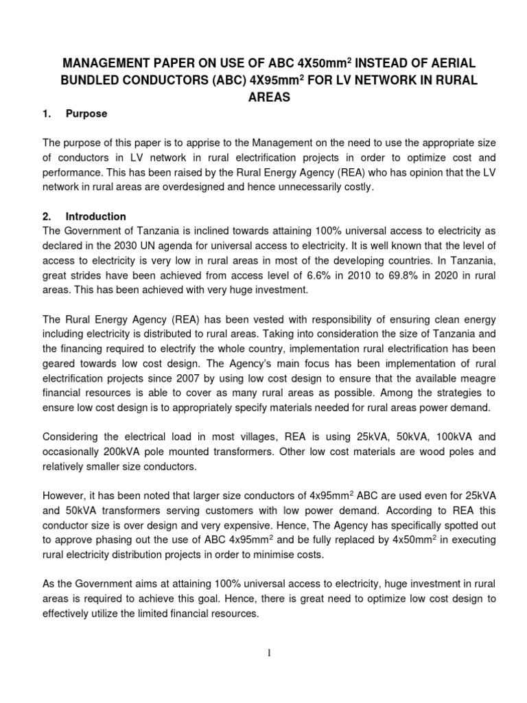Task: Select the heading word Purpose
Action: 86,114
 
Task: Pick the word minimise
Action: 286,555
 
